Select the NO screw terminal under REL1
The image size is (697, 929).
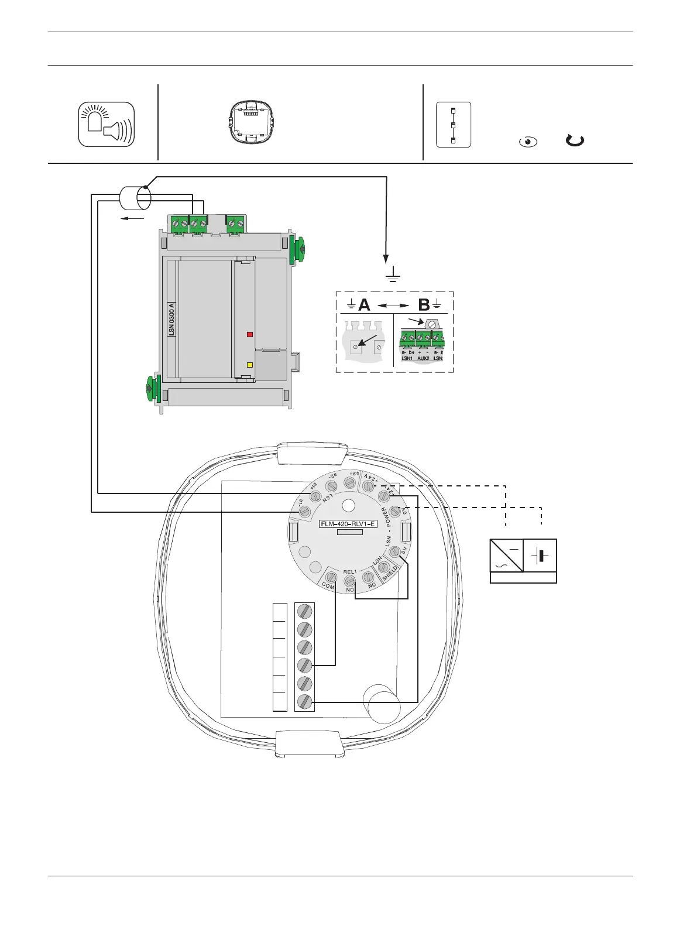pyautogui.click(x=350, y=581)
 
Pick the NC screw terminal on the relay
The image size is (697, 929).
pyautogui.click(x=369, y=577)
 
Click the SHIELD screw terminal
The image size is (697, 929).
pyautogui.click(x=384, y=567)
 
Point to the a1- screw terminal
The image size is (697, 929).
pyautogui.click(x=304, y=511)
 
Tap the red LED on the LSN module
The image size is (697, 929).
pyautogui.click(x=250, y=335)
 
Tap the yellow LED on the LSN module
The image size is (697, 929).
pyautogui.click(x=250, y=365)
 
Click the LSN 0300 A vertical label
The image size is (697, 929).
pyautogui.click(x=171, y=319)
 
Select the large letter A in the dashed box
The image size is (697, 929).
pyautogui.click(x=364, y=305)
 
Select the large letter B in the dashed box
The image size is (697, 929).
pyautogui.click(x=424, y=305)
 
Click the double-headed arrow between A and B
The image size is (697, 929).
pyautogui.click(x=393, y=306)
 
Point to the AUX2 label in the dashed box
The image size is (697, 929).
pyautogui.click(x=423, y=358)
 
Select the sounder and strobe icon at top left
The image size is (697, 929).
pyautogui.click(x=107, y=124)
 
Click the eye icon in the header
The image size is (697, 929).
pyautogui.click(x=528, y=142)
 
